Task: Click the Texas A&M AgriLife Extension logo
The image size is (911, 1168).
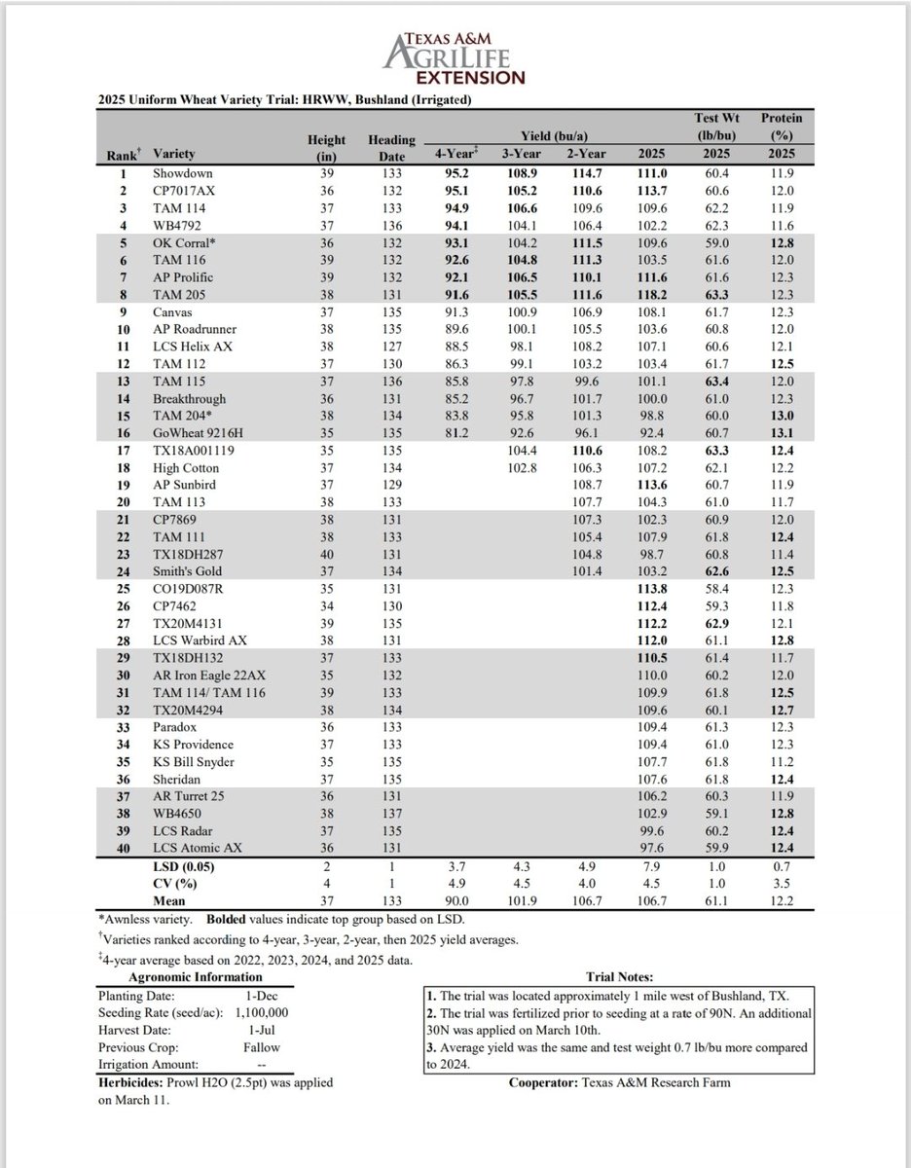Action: point(455,56)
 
